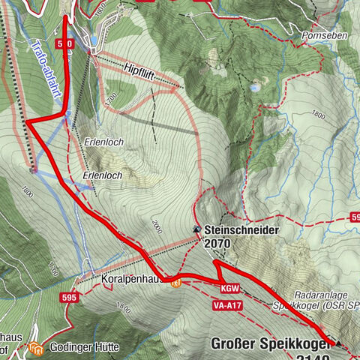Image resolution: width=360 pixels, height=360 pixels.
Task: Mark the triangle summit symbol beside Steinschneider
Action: point(196,229)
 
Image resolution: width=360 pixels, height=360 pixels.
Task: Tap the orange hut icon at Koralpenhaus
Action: point(175,283)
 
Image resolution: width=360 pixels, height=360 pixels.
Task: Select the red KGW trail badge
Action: point(229,289)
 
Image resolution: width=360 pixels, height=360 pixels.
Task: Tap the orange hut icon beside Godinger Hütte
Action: point(36,348)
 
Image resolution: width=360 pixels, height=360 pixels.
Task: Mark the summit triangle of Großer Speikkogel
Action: point(338,343)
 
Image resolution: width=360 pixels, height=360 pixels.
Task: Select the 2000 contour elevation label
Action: point(155,223)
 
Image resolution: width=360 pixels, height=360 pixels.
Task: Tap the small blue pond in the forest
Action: point(256,88)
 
